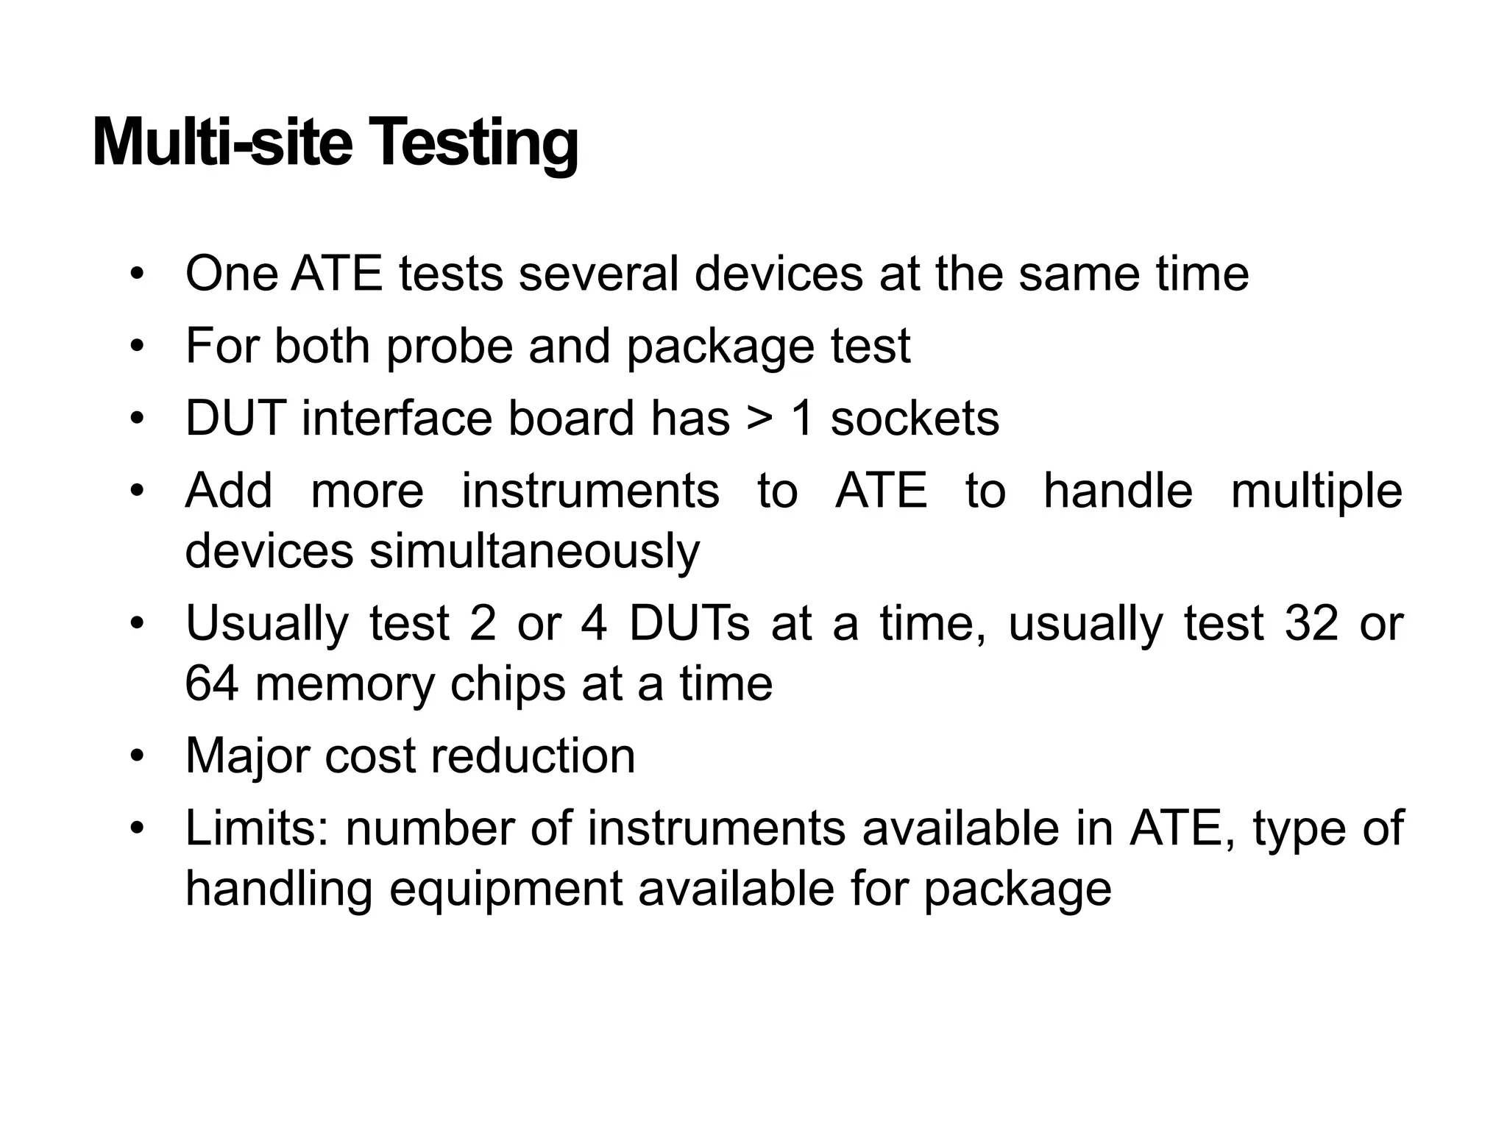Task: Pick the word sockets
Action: click(x=915, y=419)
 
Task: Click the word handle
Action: click(x=1118, y=491)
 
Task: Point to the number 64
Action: click(x=212, y=683)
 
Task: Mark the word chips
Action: click(x=507, y=685)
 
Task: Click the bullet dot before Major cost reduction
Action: click(x=136, y=756)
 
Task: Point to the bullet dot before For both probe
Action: click(x=136, y=346)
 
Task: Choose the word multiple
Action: click(x=1316, y=491)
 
